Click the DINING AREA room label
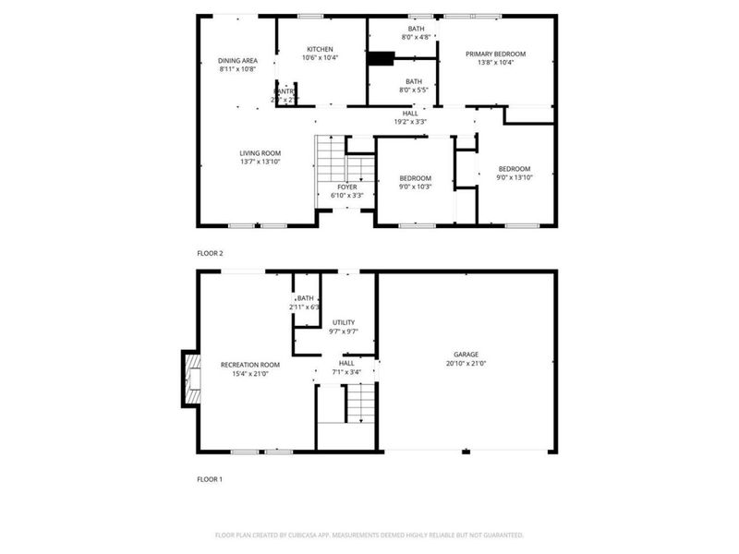[x=237, y=61]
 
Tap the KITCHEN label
[x=320, y=49]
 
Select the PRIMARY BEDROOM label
[x=495, y=54]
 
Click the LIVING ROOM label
[x=260, y=153]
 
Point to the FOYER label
[x=346, y=187]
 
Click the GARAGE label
[x=466, y=355]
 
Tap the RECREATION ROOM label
[x=249, y=365]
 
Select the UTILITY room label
[x=344, y=322]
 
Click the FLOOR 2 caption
[x=210, y=252]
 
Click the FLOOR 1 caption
[x=210, y=479]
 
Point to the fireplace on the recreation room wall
[x=191, y=378]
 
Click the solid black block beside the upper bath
[x=379, y=59]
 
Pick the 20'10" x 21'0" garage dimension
[x=466, y=364]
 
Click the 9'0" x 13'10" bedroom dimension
[x=515, y=178]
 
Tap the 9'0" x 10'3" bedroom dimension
[x=415, y=187]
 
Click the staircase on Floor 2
[x=330, y=161]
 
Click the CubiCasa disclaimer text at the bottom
[x=369, y=535]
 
